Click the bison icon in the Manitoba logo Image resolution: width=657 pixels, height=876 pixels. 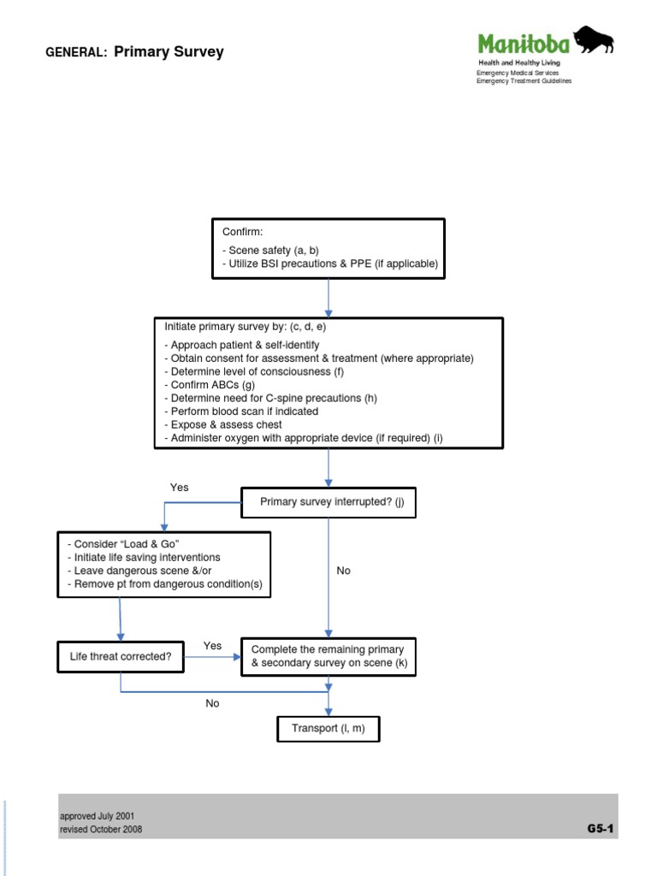pos(594,41)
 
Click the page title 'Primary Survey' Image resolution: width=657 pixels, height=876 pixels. pos(169,52)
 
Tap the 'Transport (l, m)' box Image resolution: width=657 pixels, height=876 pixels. pos(328,729)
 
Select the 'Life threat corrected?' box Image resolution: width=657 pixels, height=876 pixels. pos(120,657)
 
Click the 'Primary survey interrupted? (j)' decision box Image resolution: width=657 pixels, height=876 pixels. pos(328,503)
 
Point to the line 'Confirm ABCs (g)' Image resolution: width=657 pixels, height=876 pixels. pos(213,385)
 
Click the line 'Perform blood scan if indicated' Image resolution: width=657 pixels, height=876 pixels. pos(241,411)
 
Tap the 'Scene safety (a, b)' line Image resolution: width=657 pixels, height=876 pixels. pos(270,251)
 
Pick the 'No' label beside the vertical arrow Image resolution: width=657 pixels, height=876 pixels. pos(343,571)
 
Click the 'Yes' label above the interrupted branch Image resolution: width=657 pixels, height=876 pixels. pos(179,487)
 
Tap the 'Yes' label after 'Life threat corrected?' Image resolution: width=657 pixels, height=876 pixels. pos(212,645)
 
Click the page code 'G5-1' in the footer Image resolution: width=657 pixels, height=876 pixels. pos(601,828)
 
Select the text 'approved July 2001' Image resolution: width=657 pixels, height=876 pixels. pos(97,816)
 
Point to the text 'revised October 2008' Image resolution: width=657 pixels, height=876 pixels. pos(101,829)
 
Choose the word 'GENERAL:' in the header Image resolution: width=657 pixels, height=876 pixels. pos(75,53)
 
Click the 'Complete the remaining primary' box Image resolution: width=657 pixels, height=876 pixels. pos(328,656)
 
